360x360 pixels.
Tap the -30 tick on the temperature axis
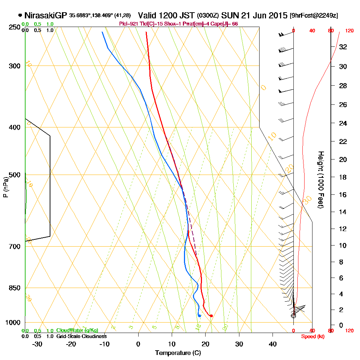coord(37,344)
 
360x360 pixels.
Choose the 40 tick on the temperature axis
coord(273,344)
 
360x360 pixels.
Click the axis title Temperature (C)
coord(178,353)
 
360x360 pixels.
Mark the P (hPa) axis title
coord(5,187)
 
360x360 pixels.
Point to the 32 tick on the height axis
coord(343,46)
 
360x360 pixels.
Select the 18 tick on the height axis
coord(343,177)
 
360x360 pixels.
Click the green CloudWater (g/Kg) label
coord(77,330)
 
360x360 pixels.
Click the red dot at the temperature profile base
coord(211,316)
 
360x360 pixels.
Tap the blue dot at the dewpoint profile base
coord(199,316)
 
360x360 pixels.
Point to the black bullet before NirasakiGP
coord(20,15)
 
